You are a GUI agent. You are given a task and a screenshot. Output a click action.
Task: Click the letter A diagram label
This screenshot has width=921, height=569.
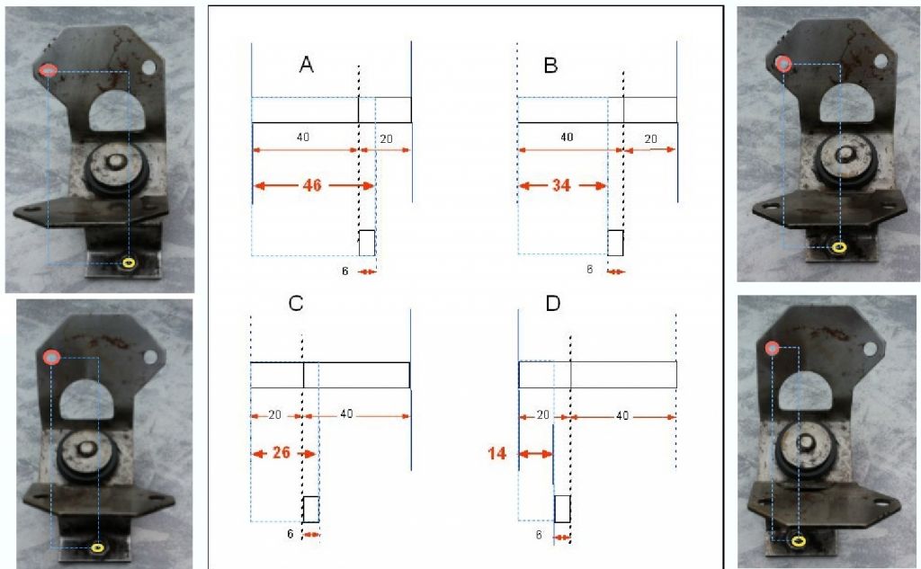[x=306, y=65]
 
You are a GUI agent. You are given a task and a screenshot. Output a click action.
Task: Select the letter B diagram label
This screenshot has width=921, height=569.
[x=550, y=65]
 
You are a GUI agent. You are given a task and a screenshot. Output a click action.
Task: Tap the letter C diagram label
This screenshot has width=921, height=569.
[x=296, y=303]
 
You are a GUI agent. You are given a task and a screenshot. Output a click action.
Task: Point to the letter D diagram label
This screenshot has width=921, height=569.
[x=553, y=303]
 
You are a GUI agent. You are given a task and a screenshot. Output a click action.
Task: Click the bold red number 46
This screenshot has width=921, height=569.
[x=312, y=185]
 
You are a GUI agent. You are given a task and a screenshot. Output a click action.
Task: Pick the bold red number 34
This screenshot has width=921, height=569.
[x=561, y=185]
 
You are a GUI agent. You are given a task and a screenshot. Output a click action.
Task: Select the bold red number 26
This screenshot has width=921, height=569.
[x=282, y=453]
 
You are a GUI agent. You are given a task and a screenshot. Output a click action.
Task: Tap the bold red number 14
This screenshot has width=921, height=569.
[x=496, y=453]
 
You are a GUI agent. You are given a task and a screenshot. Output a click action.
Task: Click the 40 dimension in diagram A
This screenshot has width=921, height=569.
[x=302, y=138]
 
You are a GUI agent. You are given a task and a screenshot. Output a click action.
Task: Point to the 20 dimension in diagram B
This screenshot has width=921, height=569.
[x=651, y=139]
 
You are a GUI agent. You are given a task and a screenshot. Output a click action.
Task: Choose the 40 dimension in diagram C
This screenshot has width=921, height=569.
[x=346, y=414]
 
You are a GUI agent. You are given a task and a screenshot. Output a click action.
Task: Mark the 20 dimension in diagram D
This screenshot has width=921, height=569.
[x=542, y=415]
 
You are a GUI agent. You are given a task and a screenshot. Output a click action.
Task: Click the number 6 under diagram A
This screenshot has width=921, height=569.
[x=344, y=271]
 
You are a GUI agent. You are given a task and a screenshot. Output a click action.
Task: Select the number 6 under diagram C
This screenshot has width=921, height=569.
[x=291, y=534]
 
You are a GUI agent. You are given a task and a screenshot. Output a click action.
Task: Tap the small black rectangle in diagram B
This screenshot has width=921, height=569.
[x=615, y=243]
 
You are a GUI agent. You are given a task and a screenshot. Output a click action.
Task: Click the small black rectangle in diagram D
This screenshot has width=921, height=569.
[x=562, y=509]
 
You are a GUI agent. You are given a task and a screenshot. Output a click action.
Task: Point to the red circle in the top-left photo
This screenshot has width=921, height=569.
[x=49, y=70]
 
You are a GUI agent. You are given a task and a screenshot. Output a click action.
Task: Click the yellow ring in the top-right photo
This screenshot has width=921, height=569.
[x=839, y=247]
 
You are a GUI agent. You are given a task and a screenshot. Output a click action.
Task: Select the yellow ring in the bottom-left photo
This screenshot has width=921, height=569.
[x=98, y=547]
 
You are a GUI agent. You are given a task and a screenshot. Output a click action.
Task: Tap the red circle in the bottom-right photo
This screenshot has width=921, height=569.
[x=773, y=349]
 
